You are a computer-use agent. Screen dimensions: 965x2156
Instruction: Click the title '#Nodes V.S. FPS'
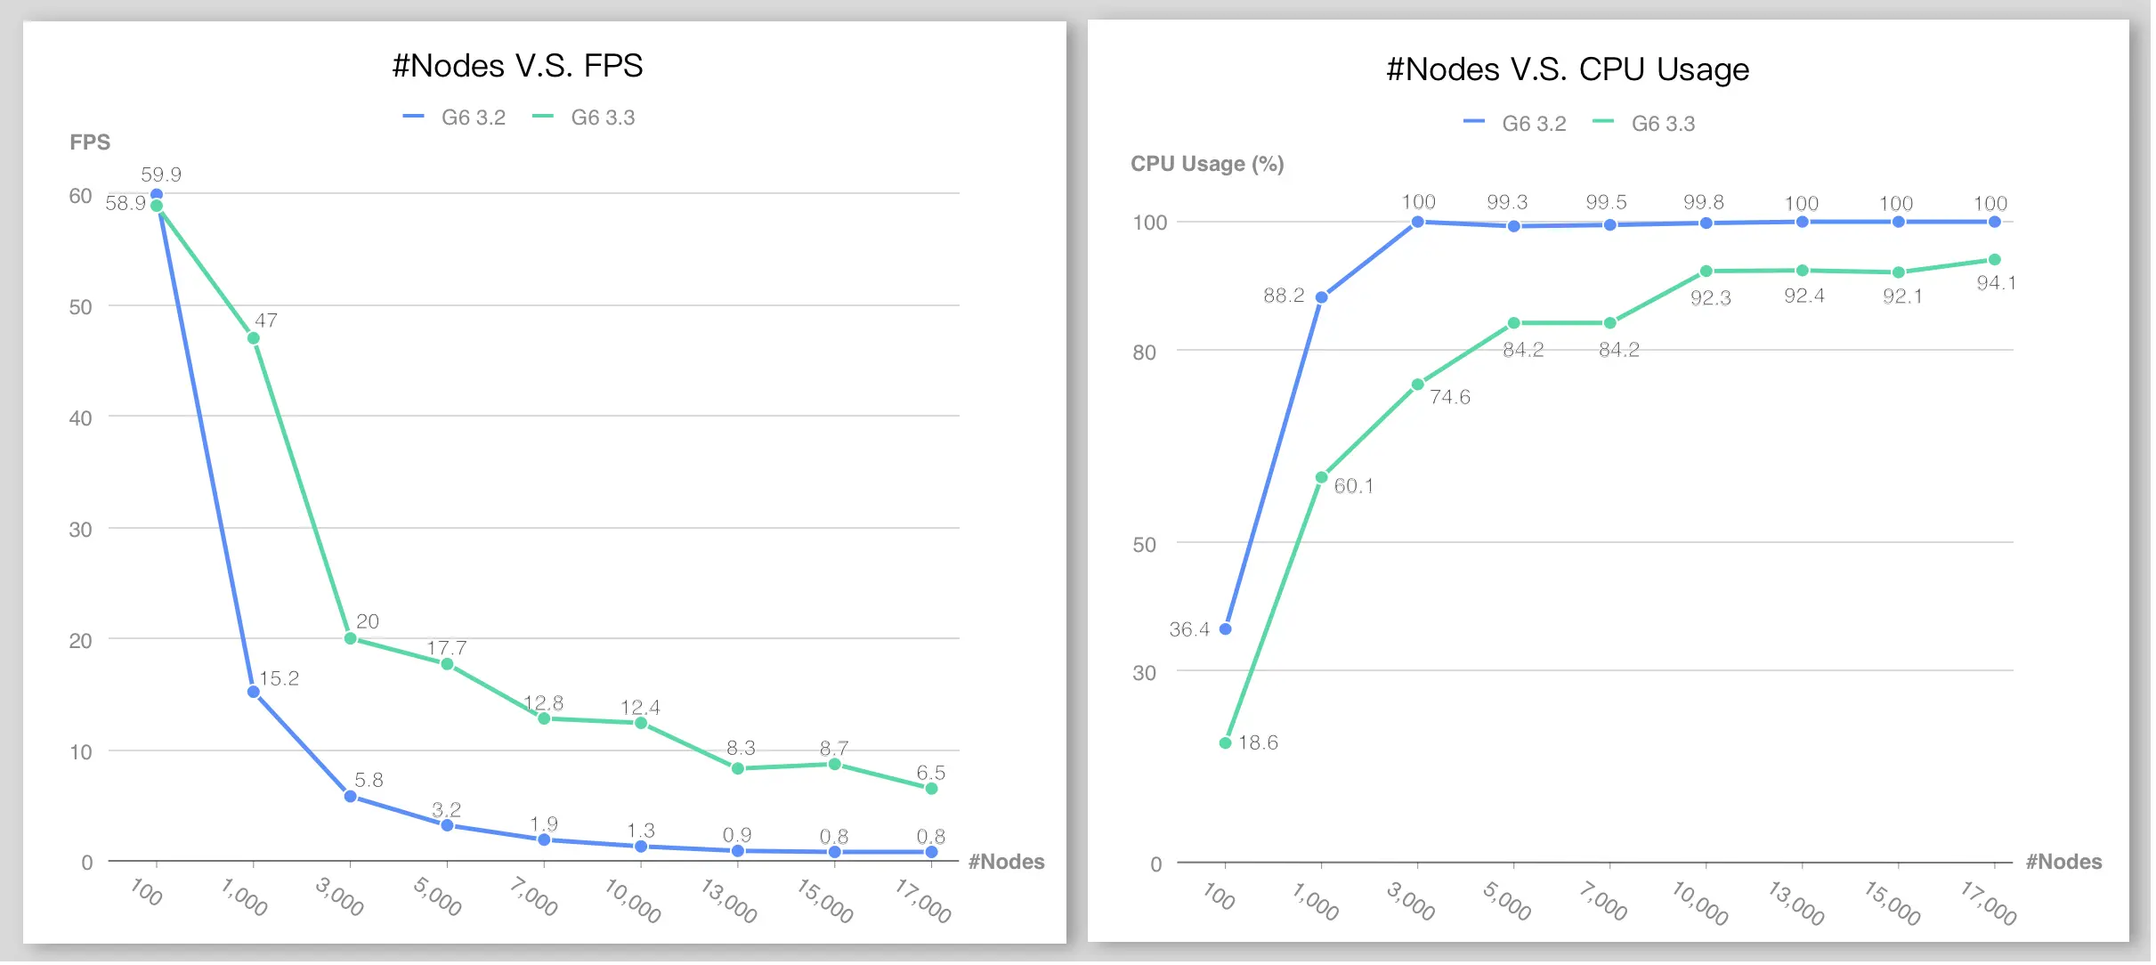(517, 66)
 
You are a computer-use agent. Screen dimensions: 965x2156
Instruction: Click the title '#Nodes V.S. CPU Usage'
(1568, 69)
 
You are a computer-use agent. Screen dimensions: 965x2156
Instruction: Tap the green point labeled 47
(254, 338)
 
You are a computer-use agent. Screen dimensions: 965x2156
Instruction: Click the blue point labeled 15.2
(254, 692)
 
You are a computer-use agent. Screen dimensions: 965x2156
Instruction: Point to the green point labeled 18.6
(1226, 742)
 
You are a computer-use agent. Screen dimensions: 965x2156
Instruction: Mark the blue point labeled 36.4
(1226, 629)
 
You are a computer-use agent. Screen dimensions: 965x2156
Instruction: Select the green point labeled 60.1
(1322, 477)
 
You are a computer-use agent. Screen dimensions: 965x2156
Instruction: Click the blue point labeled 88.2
(1322, 297)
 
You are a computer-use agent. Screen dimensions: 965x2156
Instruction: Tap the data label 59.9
(161, 174)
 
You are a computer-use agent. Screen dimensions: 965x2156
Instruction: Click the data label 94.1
(1996, 283)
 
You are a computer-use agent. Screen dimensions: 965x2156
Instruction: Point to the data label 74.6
(1449, 397)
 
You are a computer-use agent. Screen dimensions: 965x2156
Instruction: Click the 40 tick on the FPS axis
(80, 418)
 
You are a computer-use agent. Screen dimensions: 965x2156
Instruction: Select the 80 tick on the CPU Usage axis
(1144, 353)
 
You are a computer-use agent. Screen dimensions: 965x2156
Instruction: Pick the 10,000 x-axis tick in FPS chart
(633, 900)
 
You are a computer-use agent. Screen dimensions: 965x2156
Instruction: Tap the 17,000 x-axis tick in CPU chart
(1989, 902)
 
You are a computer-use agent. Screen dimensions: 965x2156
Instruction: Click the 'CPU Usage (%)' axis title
(1207, 164)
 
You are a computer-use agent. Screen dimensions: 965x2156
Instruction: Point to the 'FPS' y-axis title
(90, 142)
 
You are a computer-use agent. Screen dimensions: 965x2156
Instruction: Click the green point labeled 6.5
(931, 789)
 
